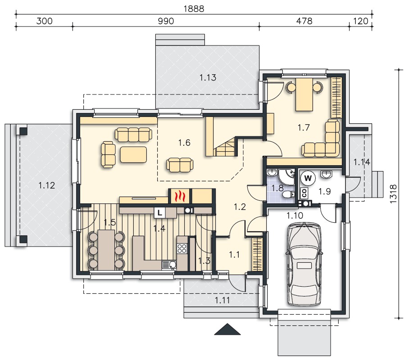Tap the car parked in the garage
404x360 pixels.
[304, 264]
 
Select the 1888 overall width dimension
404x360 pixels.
[194, 9]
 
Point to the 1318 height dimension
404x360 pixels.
[393, 194]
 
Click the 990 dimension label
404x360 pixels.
[166, 21]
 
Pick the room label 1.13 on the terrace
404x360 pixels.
[208, 77]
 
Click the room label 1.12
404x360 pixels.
[47, 185]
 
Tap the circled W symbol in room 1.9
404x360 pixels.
[308, 178]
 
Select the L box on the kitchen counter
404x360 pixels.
[160, 213]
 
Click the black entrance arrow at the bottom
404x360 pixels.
[227, 329]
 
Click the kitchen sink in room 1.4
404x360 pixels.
[169, 265]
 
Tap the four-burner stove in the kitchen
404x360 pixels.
[182, 248]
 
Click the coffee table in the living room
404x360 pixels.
[133, 154]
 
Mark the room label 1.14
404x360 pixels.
[362, 162]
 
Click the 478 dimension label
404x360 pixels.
[304, 21]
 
